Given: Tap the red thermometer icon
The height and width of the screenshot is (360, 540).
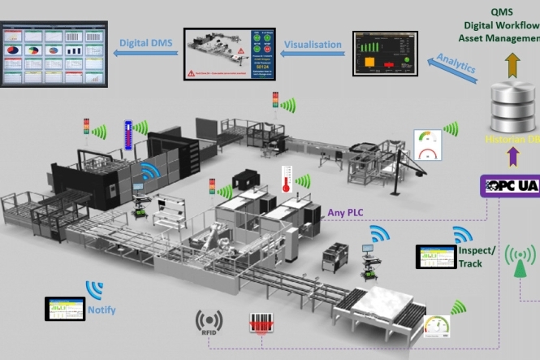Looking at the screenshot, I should coord(286,179).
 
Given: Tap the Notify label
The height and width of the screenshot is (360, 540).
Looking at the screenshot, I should coord(102,310).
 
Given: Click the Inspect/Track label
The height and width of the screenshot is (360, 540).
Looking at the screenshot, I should coord(469,258).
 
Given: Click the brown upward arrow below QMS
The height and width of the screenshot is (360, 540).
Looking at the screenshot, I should coord(513,64).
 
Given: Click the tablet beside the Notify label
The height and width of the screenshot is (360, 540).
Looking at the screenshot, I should coord(65,309).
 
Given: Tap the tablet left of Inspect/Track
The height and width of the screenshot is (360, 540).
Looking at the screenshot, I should coord(436,258).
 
